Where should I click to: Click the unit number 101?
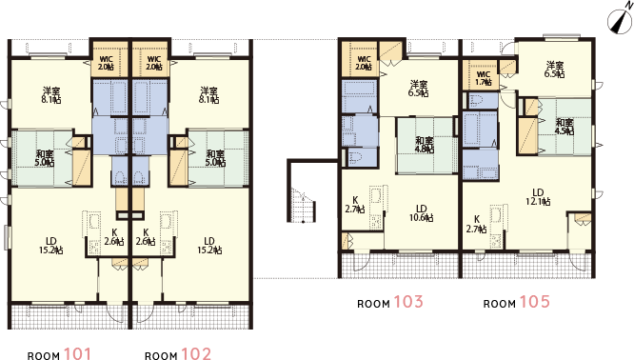(x=76, y=354)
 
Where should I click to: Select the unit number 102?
(x=195, y=354)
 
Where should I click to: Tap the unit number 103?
(x=408, y=302)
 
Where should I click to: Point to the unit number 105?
(x=534, y=302)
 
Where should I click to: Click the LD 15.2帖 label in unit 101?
(x=53, y=245)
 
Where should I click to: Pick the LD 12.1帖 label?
(x=536, y=196)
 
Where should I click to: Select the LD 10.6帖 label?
(x=420, y=213)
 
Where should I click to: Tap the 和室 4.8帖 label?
(x=424, y=145)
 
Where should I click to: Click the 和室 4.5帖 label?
(x=564, y=127)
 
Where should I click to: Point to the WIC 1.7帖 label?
(x=482, y=78)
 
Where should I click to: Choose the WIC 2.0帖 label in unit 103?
(x=364, y=64)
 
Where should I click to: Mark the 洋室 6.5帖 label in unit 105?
(x=554, y=70)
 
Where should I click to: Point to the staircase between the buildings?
(x=303, y=203)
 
